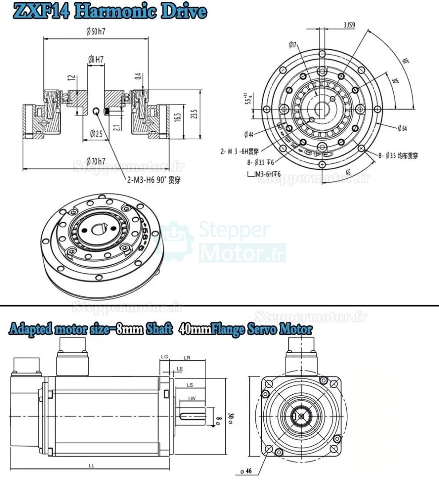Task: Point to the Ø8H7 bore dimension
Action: pyautogui.click(x=96, y=59)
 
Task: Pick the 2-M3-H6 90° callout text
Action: pyautogui.click(x=153, y=180)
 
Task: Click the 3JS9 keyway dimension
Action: pyautogui.click(x=349, y=26)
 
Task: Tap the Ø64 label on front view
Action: pyautogui.click(x=402, y=129)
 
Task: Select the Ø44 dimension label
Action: pyautogui.click(x=248, y=134)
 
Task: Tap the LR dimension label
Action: pyautogui.click(x=187, y=357)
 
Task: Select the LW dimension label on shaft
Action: pyautogui.click(x=192, y=399)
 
